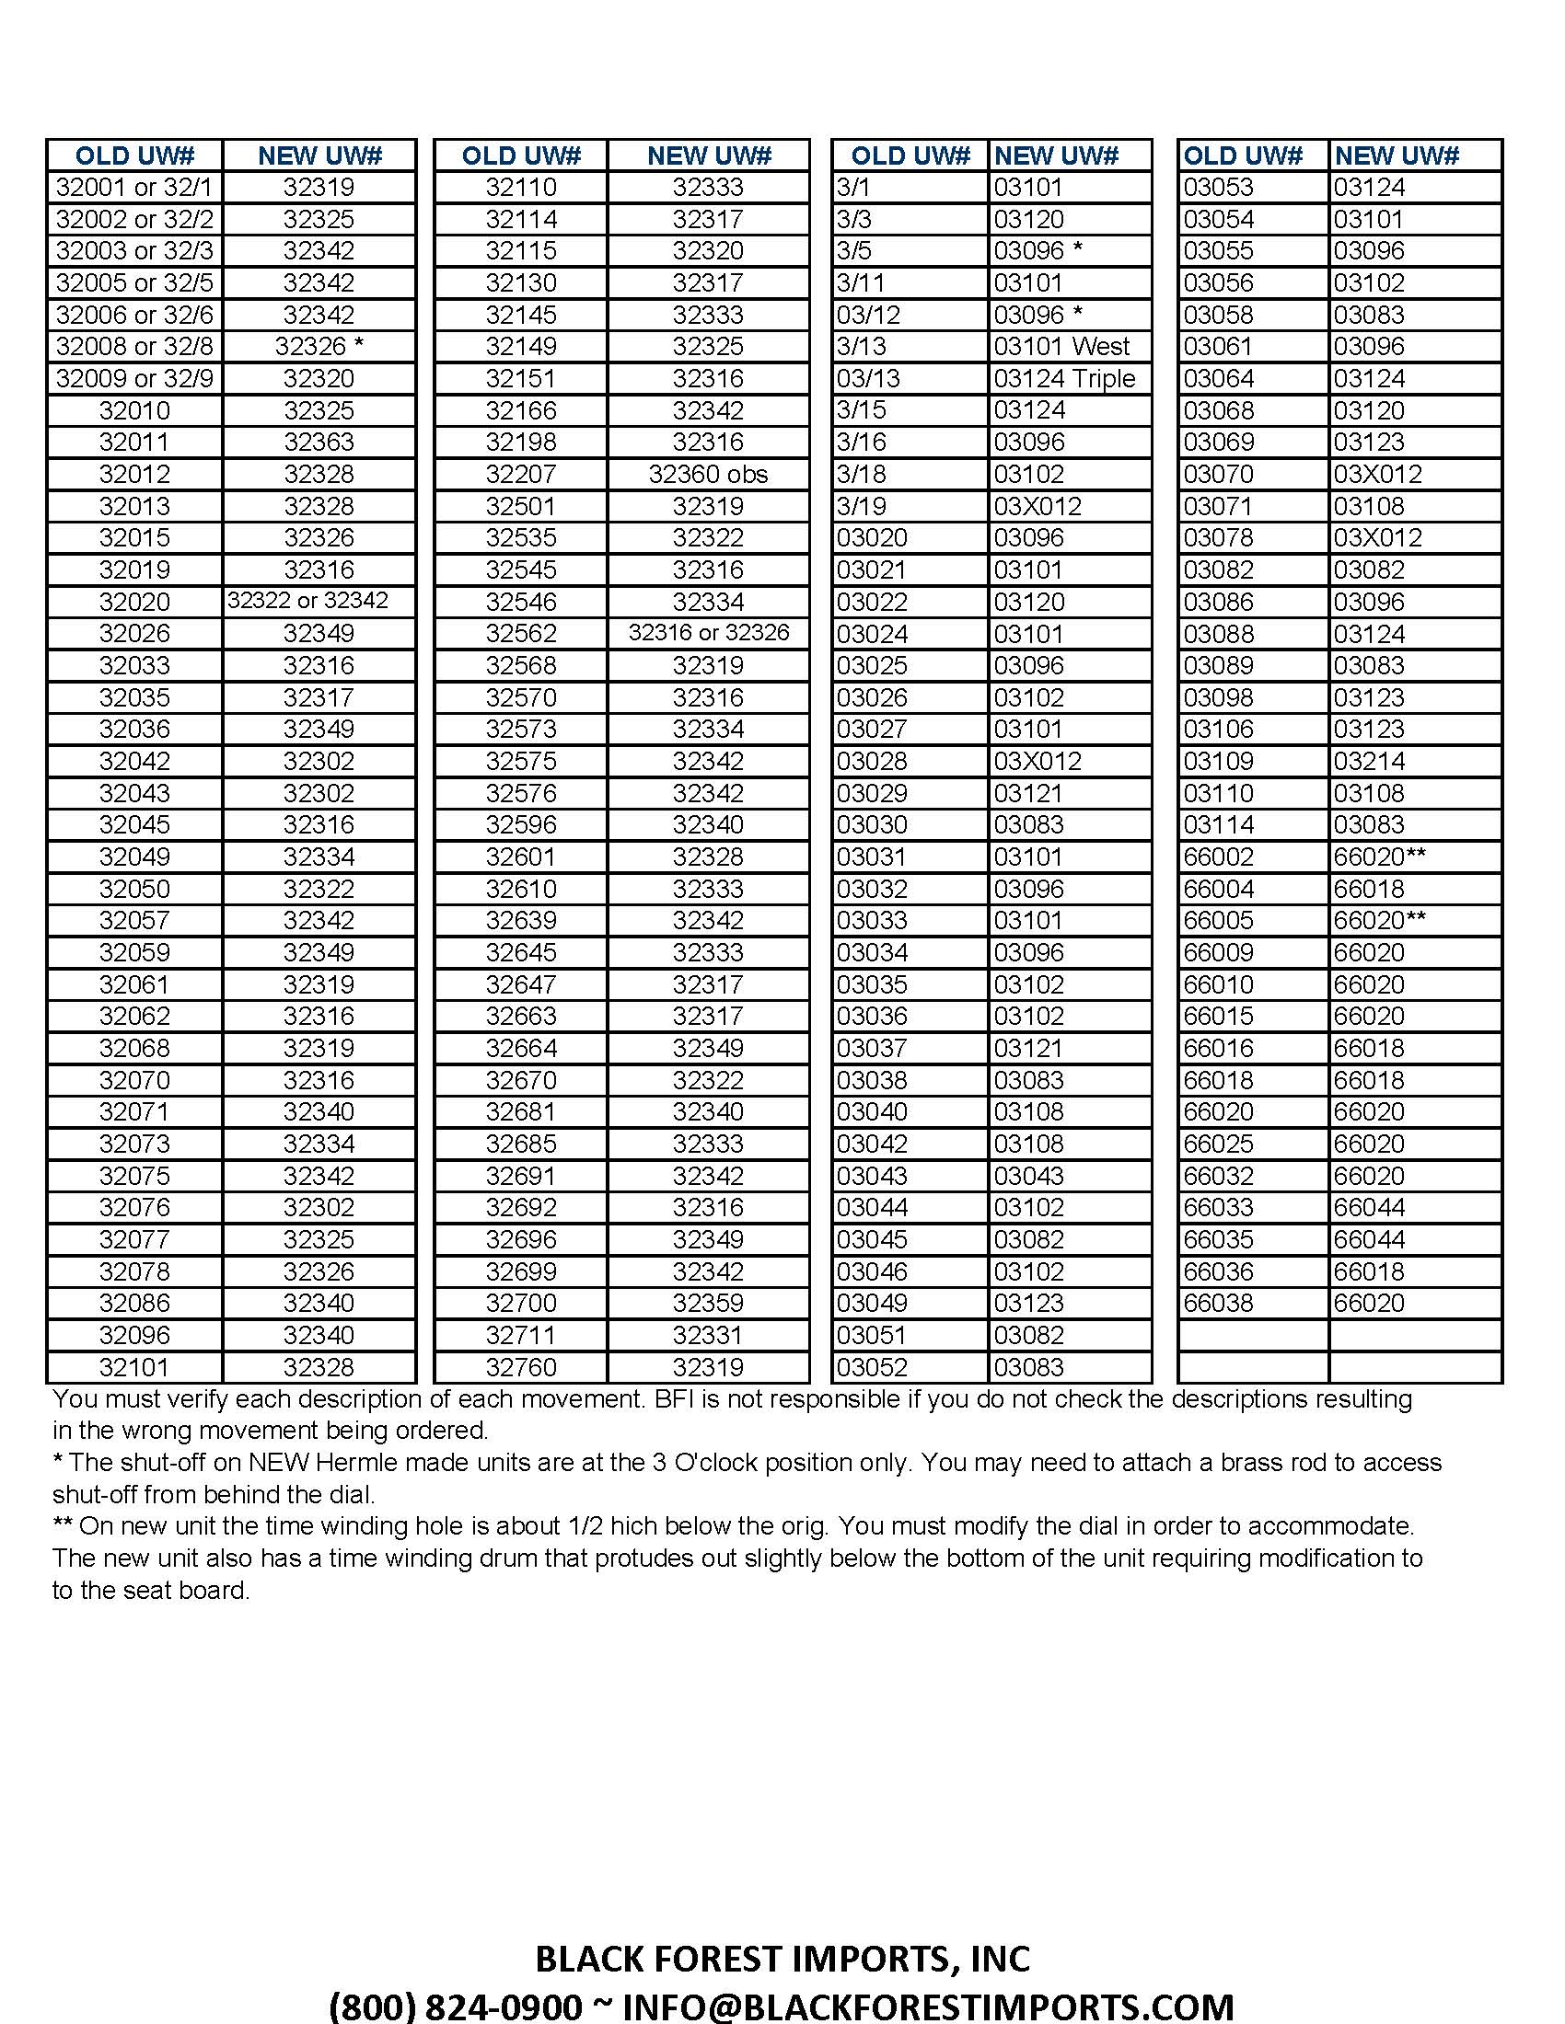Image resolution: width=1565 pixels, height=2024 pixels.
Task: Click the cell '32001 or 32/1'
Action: (x=134, y=187)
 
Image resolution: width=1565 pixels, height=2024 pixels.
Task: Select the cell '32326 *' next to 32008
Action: (x=319, y=347)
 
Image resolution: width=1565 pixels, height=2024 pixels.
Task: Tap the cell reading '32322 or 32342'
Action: (x=307, y=601)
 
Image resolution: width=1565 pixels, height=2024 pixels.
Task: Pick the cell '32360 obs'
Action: (x=708, y=475)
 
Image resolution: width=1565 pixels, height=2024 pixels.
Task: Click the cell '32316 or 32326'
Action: (x=708, y=633)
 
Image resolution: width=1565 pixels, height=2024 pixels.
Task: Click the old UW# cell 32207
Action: (x=521, y=475)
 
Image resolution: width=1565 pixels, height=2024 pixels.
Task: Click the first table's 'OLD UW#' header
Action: (x=134, y=155)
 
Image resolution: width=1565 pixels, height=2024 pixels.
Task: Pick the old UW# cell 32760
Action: (x=521, y=1367)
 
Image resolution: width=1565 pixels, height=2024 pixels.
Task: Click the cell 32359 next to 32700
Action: (x=708, y=1303)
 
